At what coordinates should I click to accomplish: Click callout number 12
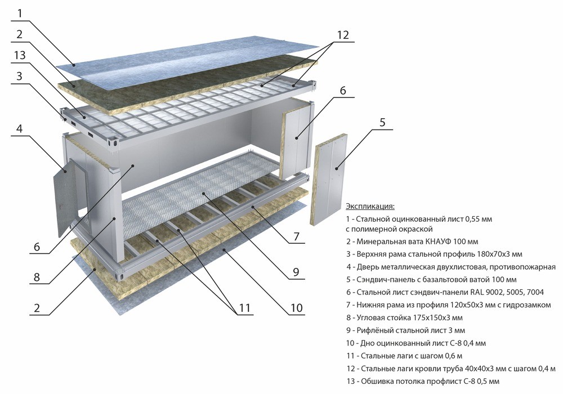pyautogui.click(x=343, y=34)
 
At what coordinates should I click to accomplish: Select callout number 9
pyautogui.click(x=296, y=272)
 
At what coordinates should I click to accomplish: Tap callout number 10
pyautogui.click(x=296, y=308)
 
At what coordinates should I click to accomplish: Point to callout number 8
pyautogui.click(x=37, y=276)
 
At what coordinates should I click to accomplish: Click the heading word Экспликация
pyautogui.click(x=370, y=207)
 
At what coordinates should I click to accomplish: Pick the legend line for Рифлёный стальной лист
pyautogui.click(x=405, y=330)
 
